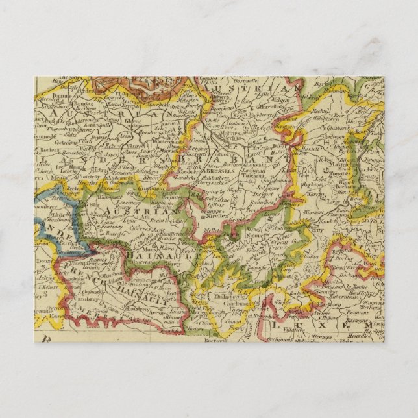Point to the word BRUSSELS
tap(221, 166)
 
